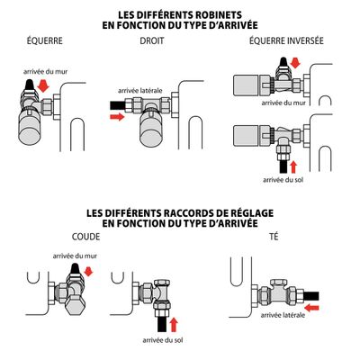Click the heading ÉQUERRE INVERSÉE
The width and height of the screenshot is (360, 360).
(281, 41)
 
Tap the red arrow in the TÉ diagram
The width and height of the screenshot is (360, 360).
(310, 305)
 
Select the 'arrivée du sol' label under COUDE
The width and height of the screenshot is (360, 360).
(161, 339)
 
